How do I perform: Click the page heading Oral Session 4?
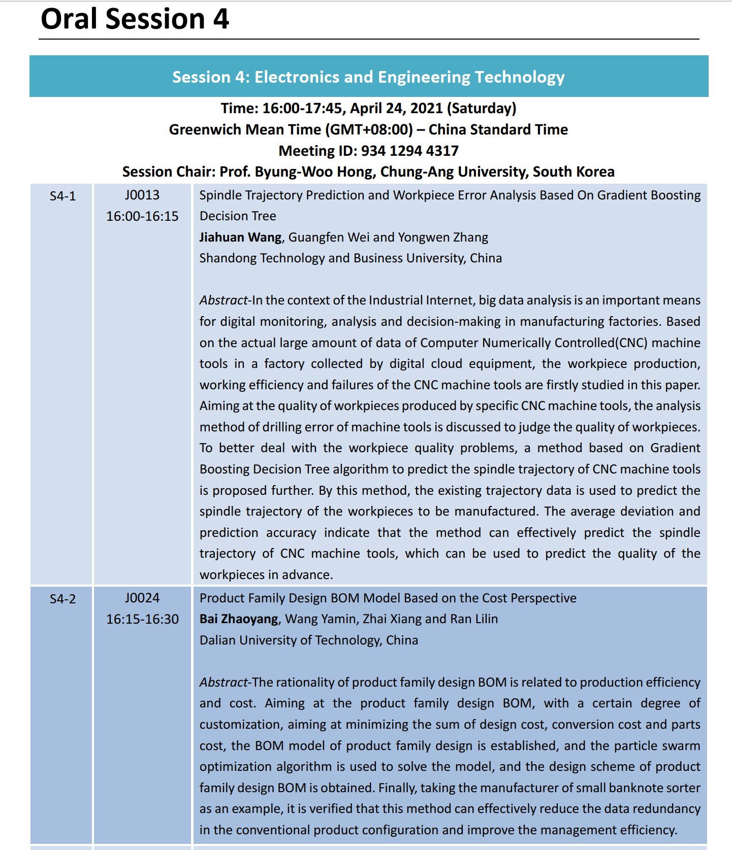(135, 19)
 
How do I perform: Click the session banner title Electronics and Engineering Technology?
(368, 77)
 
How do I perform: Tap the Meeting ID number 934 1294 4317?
(409, 151)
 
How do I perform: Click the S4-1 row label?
(62, 196)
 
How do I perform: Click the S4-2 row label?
(62, 599)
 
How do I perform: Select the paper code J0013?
(142, 195)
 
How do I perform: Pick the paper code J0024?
(142, 598)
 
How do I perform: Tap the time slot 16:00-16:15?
(142, 217)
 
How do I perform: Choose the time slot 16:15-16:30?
(142, 620)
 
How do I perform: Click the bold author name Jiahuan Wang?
(240, 237)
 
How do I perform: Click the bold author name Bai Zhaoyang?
(239, 619)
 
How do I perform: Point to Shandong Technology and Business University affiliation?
(351, 258)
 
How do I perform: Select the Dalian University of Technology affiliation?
(308, 640)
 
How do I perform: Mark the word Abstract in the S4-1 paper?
(223, 300)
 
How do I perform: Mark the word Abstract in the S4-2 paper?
(223, 683)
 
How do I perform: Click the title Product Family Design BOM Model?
(388, 598)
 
